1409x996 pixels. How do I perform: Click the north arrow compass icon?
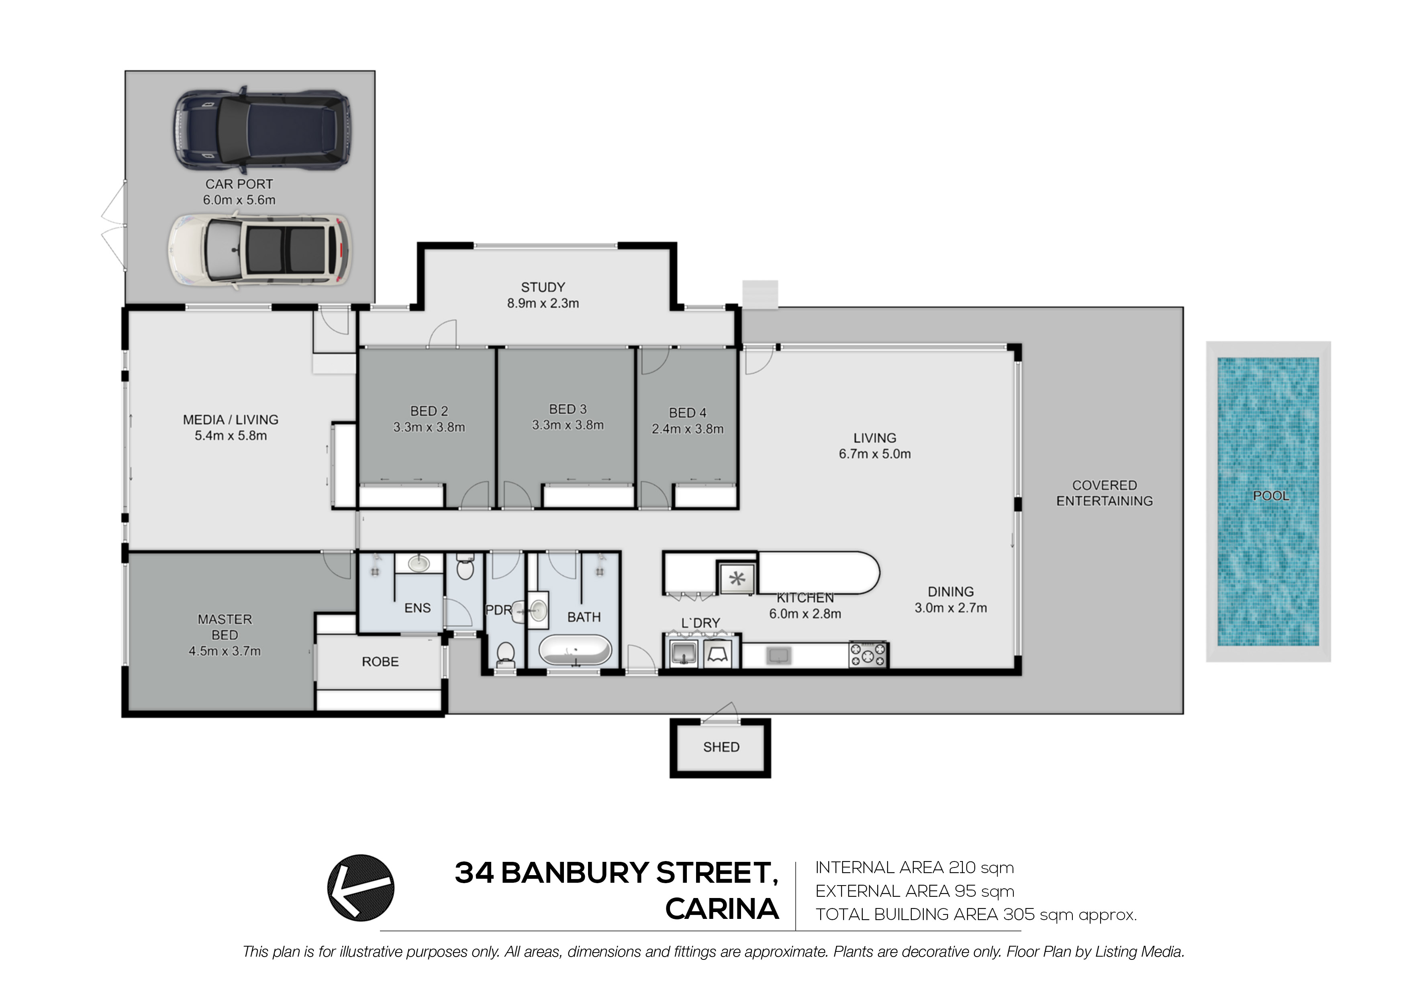tap(361, 888)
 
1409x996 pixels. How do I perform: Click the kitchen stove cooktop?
tap(868, 654)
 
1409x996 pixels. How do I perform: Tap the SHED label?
tap(721, 747)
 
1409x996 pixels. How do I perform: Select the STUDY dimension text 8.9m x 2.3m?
tap(543, 303)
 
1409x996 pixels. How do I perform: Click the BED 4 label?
tap(687, 413)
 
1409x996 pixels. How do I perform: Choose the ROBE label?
tap(380, 661)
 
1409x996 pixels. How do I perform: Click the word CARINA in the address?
tap(722, 909)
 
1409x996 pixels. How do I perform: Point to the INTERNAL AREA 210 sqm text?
tap(915, 868)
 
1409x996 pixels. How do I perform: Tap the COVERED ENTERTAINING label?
tap(1104, 493)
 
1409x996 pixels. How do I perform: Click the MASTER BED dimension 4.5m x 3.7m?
tap(225, 651)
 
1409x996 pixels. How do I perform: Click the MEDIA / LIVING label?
tap(230, 420)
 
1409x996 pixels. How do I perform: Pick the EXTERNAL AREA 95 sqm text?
tap(915, 891)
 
